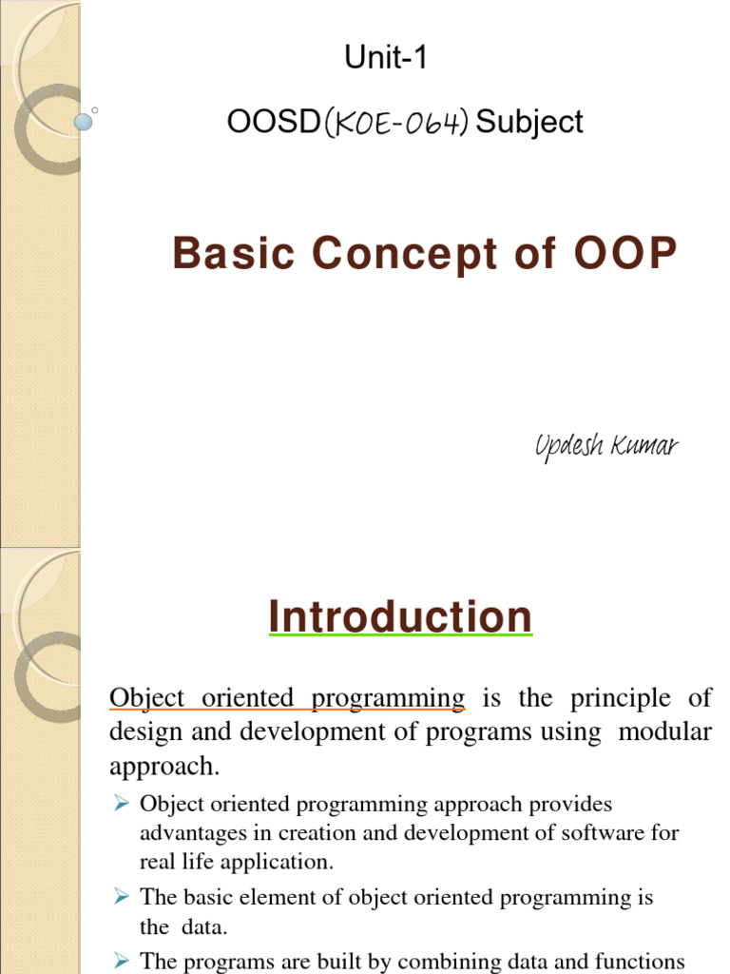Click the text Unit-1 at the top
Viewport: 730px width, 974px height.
tap(386, 59)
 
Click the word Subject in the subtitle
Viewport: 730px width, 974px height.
tap(529, 123)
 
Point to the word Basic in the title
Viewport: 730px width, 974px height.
tap(233, 254)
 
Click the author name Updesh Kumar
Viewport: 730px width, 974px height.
tap(606, 446)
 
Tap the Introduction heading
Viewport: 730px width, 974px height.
tap(400, 616)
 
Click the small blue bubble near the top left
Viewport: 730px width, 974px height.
tap(83, 122)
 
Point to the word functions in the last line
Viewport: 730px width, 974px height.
tap(638, 962)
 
